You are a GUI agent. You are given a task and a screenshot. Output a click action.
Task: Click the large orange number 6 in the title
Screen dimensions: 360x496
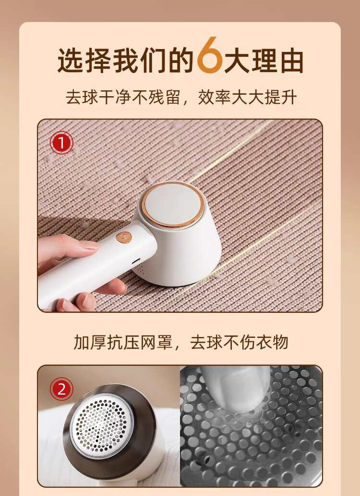210,55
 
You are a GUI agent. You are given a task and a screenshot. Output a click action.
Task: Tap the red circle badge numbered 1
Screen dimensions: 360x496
61,143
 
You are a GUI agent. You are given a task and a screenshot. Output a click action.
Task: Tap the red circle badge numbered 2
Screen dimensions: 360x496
61,389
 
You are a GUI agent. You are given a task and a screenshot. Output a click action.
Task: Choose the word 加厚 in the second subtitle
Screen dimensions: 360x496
90,342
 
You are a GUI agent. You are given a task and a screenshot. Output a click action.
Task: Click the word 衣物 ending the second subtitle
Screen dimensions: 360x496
272,342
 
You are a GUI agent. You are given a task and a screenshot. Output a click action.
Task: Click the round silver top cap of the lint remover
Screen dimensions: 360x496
172,204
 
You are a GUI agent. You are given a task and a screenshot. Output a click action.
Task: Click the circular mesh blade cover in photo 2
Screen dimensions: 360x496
101,425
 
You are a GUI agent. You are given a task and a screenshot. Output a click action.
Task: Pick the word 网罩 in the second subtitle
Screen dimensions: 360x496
156,342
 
